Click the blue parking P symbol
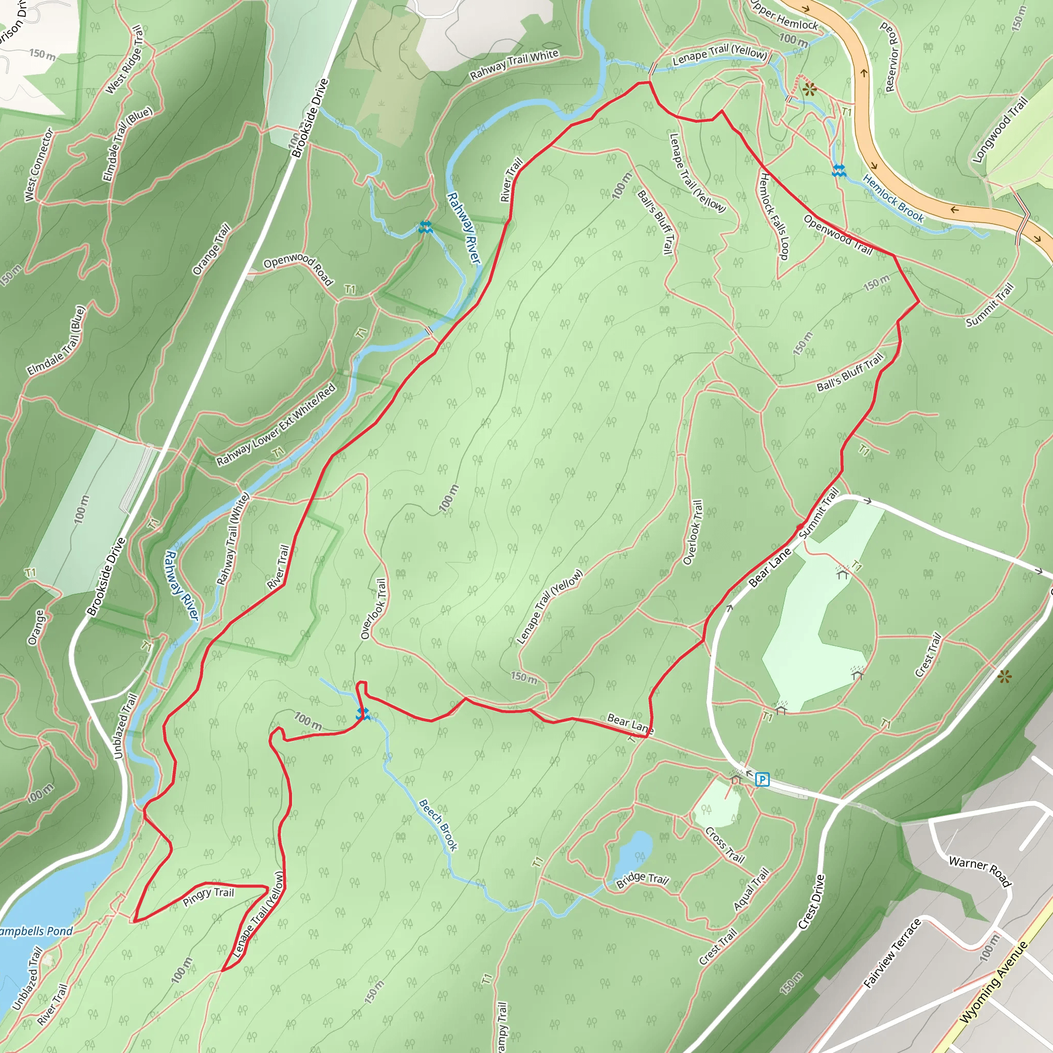pos(762,780)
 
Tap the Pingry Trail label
pos(208,897)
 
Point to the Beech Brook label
pos(438,825)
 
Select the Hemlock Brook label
pos(893,198)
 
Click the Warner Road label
pos(980,871)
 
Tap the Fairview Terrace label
pos(892,953)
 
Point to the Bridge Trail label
pos(642,879)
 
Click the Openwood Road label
pos(298,267)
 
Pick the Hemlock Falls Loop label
pos(774,216)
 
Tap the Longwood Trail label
pos(1000,129)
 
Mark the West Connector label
pos(39,165)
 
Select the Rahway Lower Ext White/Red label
pos(276,425)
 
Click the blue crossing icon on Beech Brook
pos(362,714)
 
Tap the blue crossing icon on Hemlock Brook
pos(839,171)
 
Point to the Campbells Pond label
pos(36,932)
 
